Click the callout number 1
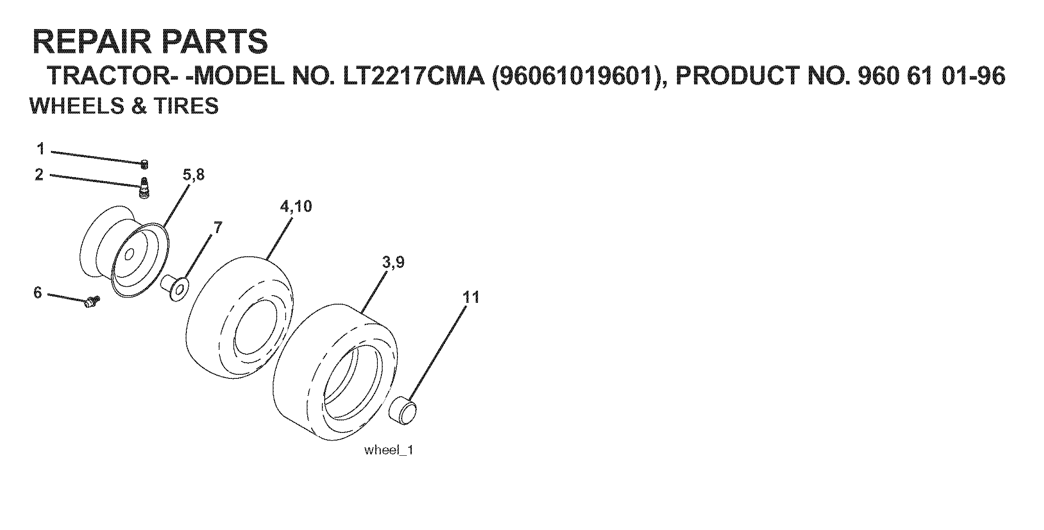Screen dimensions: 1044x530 pyautogui.click(x=41, y=148)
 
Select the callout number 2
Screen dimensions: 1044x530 pyautogui.click(x=39, y=174)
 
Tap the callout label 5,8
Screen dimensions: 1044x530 pyautogui.click(x=194, y=175)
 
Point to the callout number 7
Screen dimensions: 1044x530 pyautogui.click(x=218, y=228)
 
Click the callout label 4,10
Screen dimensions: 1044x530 pyautogui.click(x=296, y=207)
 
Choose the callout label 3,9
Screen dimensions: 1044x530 pyautogui.click(x=393, y=262)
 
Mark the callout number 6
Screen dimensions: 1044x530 pyautogui.click(x=38, y=293)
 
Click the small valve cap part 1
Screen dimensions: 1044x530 pyautogui.click(x=144, y=165)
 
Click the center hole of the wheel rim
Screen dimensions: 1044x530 pyautogui.click(x=129, y=255)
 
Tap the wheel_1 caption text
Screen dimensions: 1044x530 pyautogui.click(x=389, y=450)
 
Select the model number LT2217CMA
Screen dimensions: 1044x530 pyautogui.click(x=414, y=76)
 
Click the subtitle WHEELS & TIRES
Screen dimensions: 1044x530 pyautogui.click(x=124, y=106)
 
